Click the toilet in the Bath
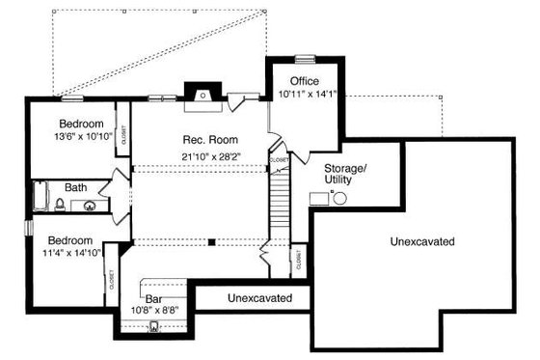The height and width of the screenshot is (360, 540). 59,204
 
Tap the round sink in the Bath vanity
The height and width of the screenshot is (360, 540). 89,205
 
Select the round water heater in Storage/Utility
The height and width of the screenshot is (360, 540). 339,198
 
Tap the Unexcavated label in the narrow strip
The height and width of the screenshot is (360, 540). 260,299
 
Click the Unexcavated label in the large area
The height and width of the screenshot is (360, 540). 423,240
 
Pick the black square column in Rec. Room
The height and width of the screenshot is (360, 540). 211,241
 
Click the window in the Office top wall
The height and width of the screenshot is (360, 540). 306,59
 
